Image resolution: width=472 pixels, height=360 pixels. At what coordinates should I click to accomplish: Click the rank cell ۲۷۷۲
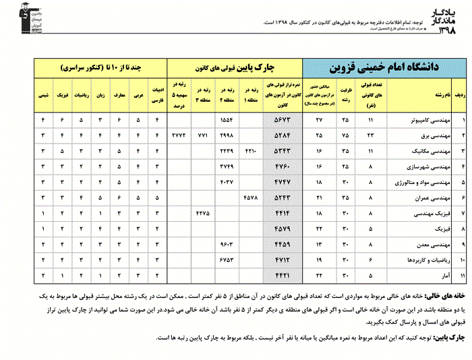coord(179,136)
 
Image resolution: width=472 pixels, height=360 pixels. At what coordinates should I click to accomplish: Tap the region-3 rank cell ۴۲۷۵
coord(203,213)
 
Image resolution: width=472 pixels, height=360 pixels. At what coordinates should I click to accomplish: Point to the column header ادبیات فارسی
coord(156,95)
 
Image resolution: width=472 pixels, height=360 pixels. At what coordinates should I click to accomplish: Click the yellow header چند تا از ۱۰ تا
coord(100,68)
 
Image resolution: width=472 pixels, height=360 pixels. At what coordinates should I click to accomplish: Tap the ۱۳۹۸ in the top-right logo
coord(450,30)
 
